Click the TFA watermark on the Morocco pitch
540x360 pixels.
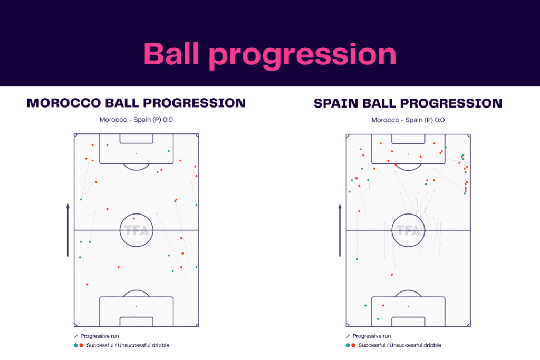point(137,230)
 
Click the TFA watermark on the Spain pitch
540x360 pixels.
point(408,230)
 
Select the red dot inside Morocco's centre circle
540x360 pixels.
point(134,218)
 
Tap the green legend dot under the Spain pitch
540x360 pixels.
point(348,345)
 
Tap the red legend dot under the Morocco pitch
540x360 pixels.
point(81,345)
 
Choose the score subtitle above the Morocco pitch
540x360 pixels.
point(136,120)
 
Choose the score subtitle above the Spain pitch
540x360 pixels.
point(408,120)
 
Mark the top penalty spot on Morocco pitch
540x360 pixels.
point(136,154)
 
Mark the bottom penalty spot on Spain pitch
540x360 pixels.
point(408,306)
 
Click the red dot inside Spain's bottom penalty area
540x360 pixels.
point(383,305)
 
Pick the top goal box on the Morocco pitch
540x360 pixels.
point(136,139)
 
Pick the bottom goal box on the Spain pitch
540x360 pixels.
point(408,322)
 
